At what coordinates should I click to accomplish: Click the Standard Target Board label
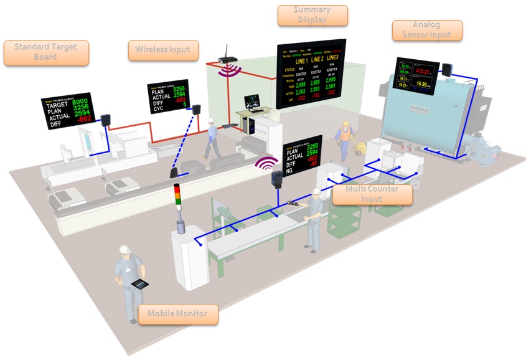pyautogui.click(x=46, y=52)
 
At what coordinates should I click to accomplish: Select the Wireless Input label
pyautogui.click(x=163, y=50)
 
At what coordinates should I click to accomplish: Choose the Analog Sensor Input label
pyautogui.click(x=427, y=30)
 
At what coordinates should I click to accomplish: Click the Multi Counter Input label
pyautogui.click(x=372, y=194)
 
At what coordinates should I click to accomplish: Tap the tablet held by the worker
pyautogui.click(x=141, y=284)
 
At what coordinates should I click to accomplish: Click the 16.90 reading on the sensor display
pyautogui.click(x=426, y=84)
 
